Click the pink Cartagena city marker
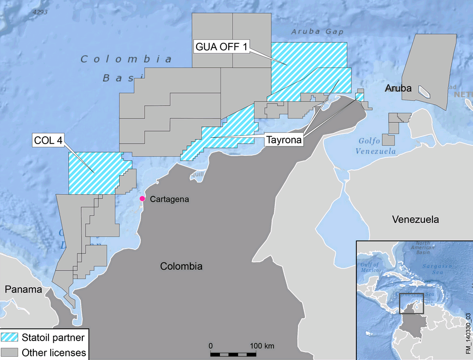click(142, 198)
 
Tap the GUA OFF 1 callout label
click(221, 47)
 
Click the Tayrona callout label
click(283, 140)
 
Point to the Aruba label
click(398, 89)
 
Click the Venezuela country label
click(415, 219)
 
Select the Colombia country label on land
click(181, 267)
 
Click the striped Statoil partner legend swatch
click(9, 336)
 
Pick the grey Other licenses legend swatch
click(9, 351)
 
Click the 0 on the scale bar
click(210, 345)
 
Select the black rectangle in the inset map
click(411, 303)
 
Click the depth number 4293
click(40, 11)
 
